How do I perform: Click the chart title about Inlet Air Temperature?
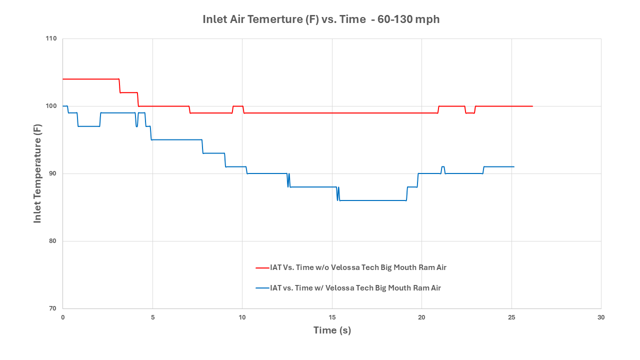point(321,19)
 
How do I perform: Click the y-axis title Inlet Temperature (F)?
point(37,173)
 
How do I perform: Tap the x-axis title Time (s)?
point(332,330)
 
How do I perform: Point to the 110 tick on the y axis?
point(52,39)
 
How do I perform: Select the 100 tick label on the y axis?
point(52,106)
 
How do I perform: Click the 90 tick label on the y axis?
point(53,174)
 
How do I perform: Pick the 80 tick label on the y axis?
point(53,241)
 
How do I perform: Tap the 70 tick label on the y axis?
point(53,308)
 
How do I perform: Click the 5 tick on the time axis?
point(152,317)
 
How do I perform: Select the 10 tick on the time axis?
point(242,317)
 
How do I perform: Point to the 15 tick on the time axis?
point(332,317)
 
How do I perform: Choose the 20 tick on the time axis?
point(421,317)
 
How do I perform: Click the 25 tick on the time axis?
point(511,317)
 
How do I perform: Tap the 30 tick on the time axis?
point(601,317)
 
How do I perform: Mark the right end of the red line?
point(532,106)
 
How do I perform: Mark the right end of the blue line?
point(514,166)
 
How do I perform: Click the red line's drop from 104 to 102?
point(120,86)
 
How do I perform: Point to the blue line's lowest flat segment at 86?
point(372,200)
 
